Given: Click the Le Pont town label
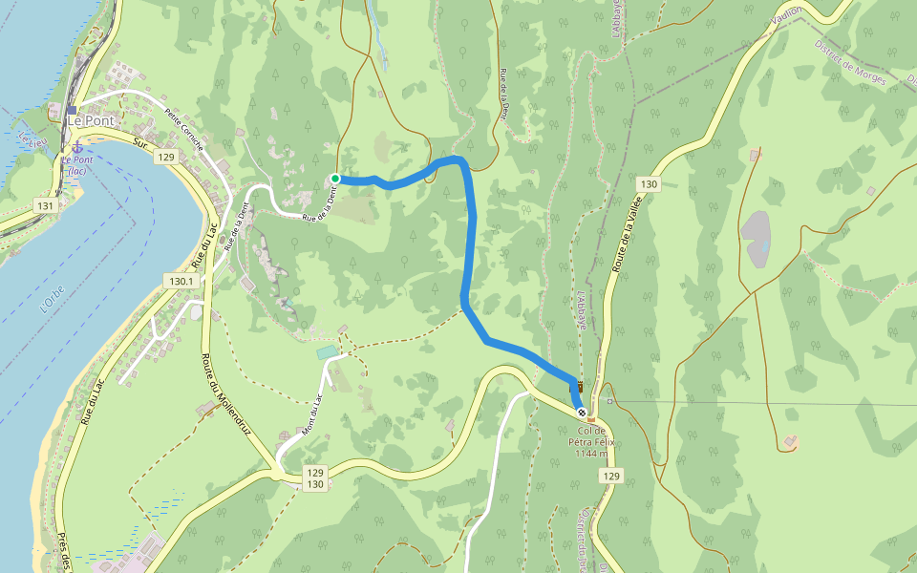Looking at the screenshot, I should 90,121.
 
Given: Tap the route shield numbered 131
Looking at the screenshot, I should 44,204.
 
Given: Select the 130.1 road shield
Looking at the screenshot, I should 181,281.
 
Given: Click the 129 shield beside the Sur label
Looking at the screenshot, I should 167,157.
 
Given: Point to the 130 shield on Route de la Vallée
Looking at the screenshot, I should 650,183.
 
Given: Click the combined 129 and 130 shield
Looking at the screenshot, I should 315,478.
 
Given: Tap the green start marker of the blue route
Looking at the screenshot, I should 335,179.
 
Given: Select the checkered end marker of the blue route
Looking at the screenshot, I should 581,413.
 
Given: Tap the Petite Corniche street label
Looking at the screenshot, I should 183,130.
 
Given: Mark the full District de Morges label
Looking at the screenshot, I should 851,62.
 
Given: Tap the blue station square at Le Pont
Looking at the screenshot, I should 71,110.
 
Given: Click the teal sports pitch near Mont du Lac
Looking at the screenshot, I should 327,353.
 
